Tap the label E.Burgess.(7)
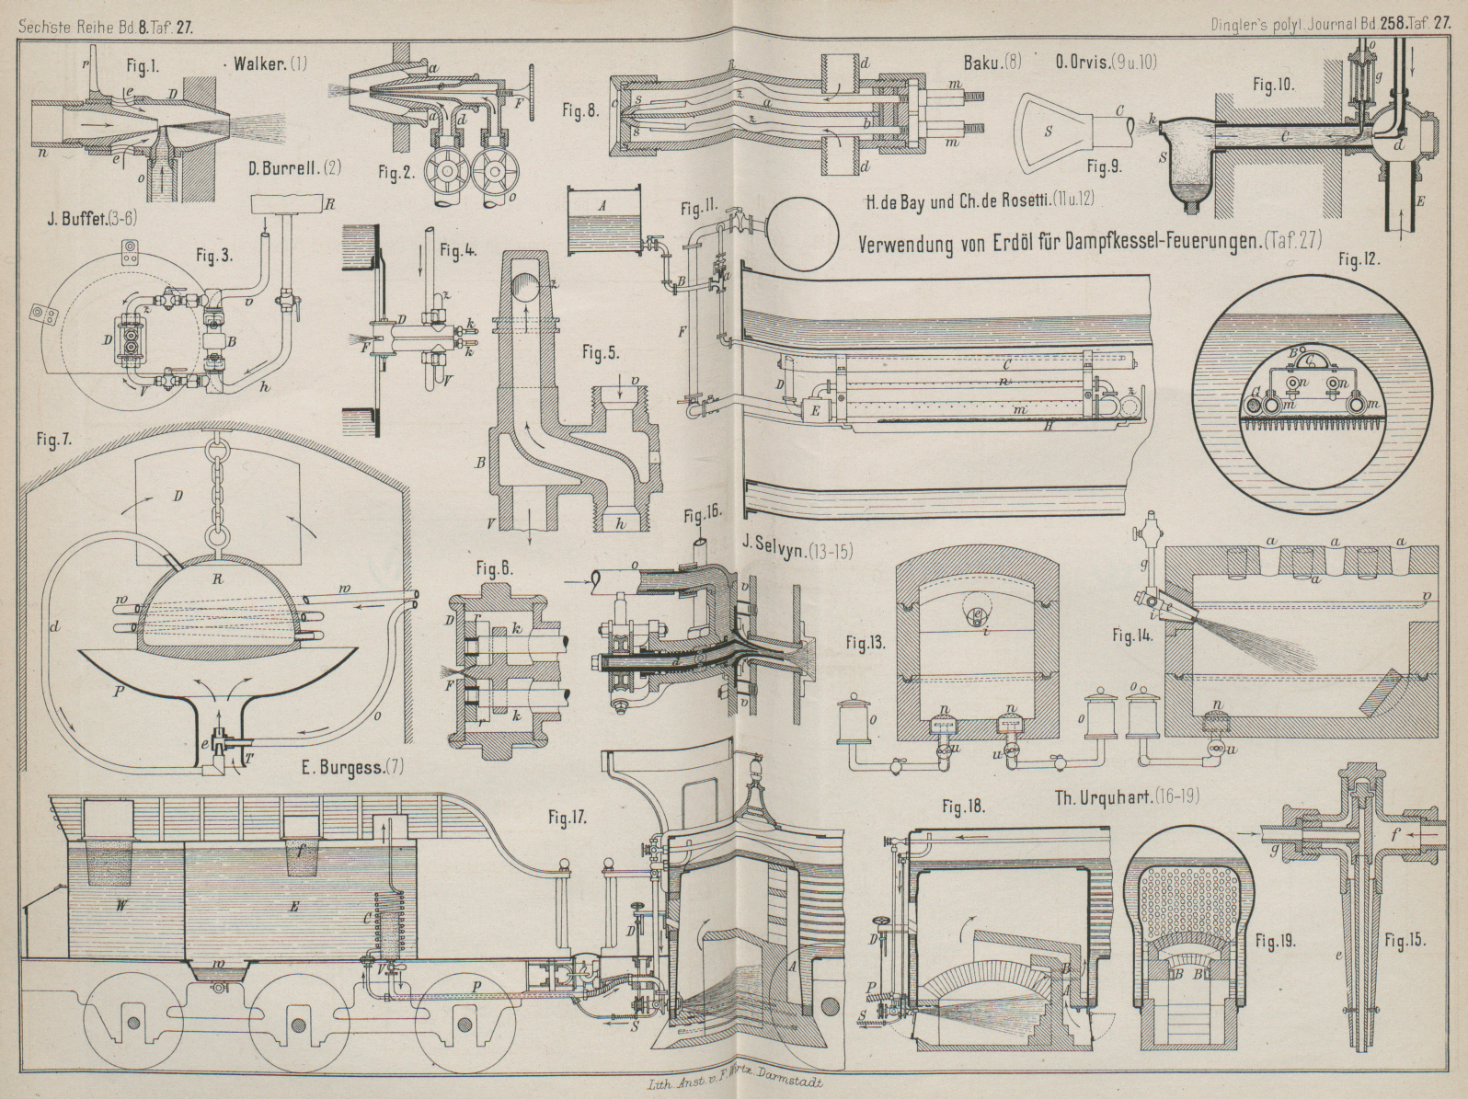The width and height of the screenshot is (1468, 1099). [352, 765]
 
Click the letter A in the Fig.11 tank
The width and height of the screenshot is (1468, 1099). [601, 208]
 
